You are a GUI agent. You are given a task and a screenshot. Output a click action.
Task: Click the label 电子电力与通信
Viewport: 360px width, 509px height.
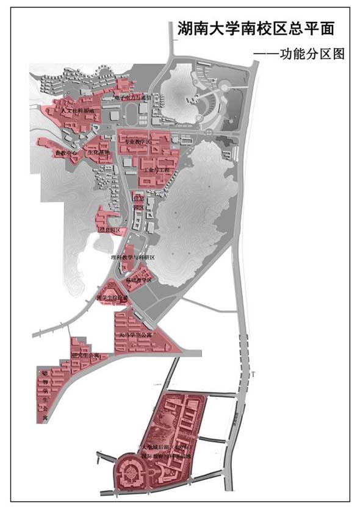tap(136, 97)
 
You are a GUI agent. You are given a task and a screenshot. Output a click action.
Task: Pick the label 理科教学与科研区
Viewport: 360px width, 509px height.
tap(133, 258)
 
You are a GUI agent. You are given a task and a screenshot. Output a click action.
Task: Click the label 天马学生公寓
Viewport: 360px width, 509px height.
tap(135, 335)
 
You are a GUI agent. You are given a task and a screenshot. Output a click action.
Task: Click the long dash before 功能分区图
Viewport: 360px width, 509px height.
tap(266, 54)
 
